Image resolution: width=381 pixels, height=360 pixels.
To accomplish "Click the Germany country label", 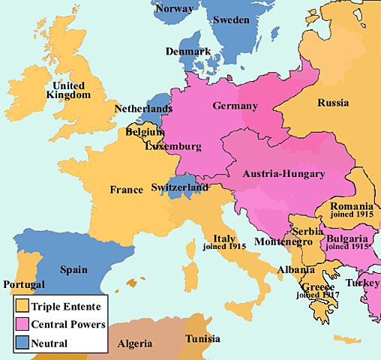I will pos(235,106).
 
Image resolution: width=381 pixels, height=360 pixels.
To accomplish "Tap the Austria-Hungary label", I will pos(284,174).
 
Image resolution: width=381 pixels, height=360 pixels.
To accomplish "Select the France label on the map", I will pos(126,190).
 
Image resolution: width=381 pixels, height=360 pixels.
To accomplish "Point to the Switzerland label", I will pos(179,187).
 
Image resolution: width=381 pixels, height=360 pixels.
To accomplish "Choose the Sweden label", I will pos(232,19).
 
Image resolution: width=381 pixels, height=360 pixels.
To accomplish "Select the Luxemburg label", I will pos(173,145).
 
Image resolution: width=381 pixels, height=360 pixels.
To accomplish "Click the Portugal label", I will pos(23,285).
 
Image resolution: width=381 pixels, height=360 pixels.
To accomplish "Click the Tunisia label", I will pos(202,338).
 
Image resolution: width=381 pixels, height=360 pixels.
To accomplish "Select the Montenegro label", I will pos(282,244).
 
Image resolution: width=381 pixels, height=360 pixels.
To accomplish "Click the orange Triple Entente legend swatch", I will pos(22,306).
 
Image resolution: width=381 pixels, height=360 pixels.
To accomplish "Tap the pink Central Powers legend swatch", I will pos(22,325).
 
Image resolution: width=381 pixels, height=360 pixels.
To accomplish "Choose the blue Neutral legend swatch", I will pos(22,343).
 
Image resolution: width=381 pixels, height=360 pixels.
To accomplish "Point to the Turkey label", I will pos(363,283).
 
